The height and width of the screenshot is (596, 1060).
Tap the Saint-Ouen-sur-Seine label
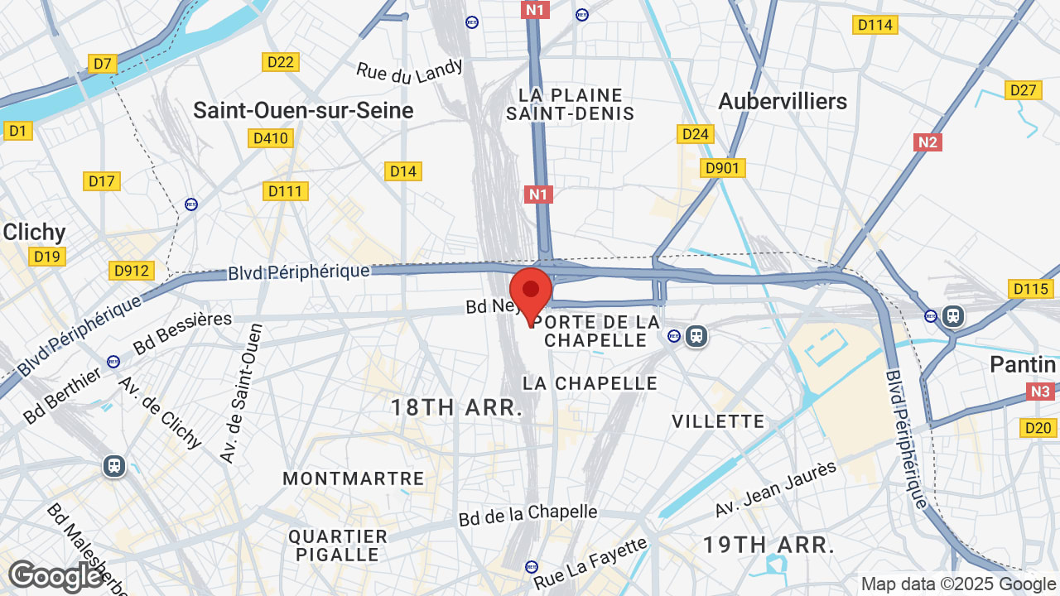click(x=303, y=110)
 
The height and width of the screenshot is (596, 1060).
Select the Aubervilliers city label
click(x=783, y=101)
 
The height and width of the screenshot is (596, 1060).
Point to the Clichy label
click(x=34, y=232)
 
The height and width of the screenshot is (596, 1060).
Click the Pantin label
click(x=1023, y=364)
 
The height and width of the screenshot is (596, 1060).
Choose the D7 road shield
click(x=103, y=64)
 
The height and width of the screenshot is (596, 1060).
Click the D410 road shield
click(x=270, y=138)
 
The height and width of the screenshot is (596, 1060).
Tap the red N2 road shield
click(x=927, y=142)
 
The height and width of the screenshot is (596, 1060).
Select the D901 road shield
click(x=723, y=168)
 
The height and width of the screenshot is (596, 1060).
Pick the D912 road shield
click(x=131, y=271)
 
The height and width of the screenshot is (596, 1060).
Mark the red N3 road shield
click(x=1040, y=392)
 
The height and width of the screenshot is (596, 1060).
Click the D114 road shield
click(x=874, y=25)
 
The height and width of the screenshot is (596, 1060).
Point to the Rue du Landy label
click(x=409, y=71)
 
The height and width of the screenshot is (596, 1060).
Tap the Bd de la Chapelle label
click(x=528, y=514)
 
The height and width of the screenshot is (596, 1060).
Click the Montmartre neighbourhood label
click(x=354, y=478)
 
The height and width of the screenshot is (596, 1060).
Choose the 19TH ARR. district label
click(x=768, y=545)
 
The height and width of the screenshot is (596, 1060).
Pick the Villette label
click(x=718, y=421)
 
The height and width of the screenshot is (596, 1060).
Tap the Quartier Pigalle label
click(x=338, y=546)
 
